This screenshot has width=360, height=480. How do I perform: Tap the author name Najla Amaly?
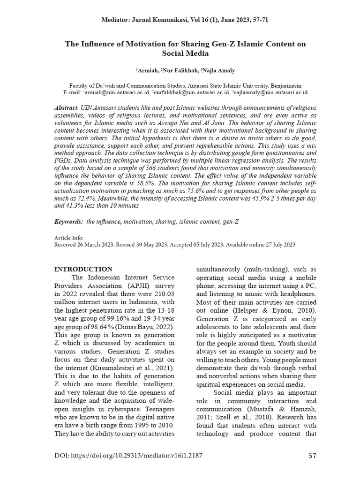(218, 70)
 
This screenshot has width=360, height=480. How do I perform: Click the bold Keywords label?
(68, 221)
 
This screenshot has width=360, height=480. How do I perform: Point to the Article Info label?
(69, 238)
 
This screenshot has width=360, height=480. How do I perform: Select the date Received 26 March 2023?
(87, 245)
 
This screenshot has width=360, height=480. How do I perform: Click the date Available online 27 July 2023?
(260, 245)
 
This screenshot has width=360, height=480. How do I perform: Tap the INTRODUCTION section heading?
(83, 269)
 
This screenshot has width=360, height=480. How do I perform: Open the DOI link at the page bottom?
(128, 456)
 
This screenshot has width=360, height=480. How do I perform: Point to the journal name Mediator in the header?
(115, 20)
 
